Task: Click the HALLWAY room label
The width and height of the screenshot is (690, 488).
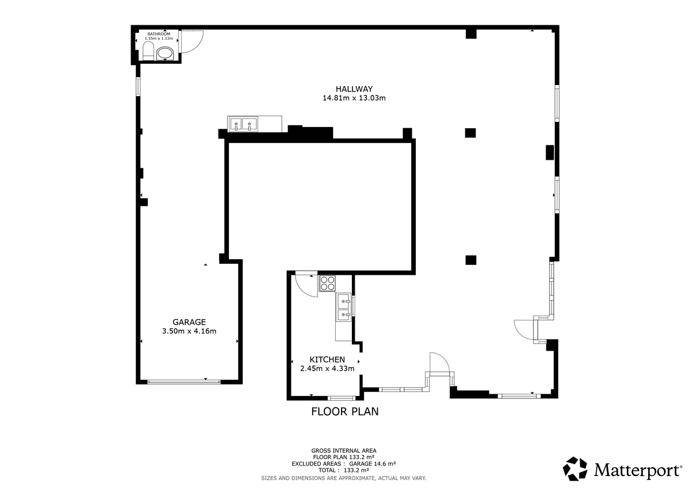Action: tap(354, 89)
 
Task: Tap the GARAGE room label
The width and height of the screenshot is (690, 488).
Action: tap(189, 322)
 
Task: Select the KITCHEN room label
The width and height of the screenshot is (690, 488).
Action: tap(327, 359)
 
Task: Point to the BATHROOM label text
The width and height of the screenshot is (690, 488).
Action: tap(159, 34)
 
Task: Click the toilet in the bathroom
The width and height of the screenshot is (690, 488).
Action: tap(148, 51)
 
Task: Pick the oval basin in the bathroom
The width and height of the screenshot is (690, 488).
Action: tap(165, 53)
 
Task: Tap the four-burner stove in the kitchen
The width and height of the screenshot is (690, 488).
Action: tap(327, 283)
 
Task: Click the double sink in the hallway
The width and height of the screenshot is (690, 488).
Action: tap(243, 124)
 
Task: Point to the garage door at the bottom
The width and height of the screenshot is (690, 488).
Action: tap(184, 382)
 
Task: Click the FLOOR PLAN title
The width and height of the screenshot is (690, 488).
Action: tap(344, 412)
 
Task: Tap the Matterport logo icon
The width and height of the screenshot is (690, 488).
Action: tap(575, 469)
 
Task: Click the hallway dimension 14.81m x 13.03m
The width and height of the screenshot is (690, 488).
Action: tap(354, 98)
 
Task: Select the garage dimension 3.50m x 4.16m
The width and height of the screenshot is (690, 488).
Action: tap(189, 331)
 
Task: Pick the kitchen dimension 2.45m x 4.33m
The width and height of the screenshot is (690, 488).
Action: tap(327, 368)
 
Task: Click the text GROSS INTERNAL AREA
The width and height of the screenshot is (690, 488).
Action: tap(344, 451)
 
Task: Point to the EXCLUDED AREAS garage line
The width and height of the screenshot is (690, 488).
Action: tap(344, 464)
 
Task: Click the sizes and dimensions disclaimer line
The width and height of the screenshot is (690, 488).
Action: tap(344, 478)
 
